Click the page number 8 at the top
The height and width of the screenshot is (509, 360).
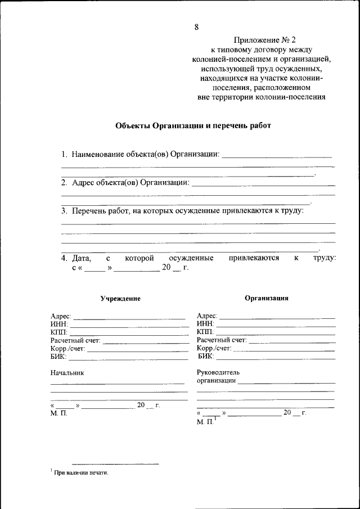click(x=196, y=27)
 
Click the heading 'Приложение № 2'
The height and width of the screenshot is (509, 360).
click(x=262, y=40)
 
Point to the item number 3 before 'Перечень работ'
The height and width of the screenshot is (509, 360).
click(x=64, y=211)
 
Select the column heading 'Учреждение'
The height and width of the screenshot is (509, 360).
click(x=120, y=299)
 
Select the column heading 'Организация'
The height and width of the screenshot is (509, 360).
click(x=266, y=298)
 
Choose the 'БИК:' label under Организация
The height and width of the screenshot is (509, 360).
click(x=205, y=357)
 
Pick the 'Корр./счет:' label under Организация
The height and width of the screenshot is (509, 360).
click(x=214, y=349)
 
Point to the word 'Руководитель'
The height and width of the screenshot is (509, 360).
click(x=218, y=372)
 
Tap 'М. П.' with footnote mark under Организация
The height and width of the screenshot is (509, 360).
click(x=206, y=421)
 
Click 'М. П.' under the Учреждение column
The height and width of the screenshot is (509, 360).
click(x=58, y=414)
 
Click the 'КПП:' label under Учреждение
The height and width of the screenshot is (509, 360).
click(x=59, y=332)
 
